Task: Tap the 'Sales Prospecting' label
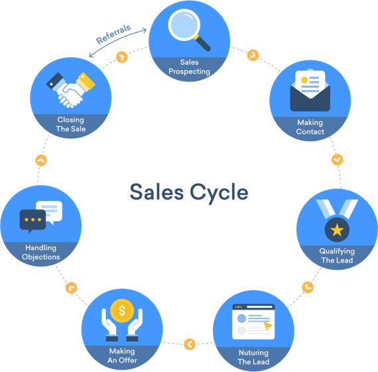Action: [x=190, y=67]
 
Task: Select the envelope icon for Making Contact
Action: [x=310, y=91]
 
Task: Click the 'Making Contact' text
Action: [x=310, y=127]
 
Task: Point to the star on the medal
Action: [x=338, y=231]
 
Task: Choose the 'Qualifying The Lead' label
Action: [x=338, y=256]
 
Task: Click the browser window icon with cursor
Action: [x=253, y=322]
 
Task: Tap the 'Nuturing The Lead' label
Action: [x=253, y=357]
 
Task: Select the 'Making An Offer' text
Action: [x=121, y=355]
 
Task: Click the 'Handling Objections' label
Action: [x=41, y=253]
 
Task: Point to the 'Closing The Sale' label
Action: [x=71, y=125]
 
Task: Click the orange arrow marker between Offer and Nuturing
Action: [x=190, y=344]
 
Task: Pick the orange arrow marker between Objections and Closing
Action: [x=42, y=160]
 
